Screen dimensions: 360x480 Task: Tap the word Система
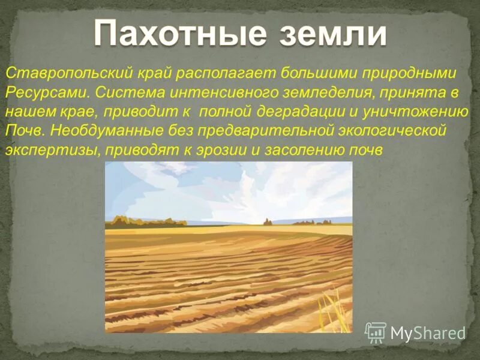125,93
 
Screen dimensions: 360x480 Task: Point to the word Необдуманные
106,131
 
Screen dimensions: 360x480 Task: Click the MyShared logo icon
376,332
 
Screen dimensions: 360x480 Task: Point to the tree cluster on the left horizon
144,221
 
